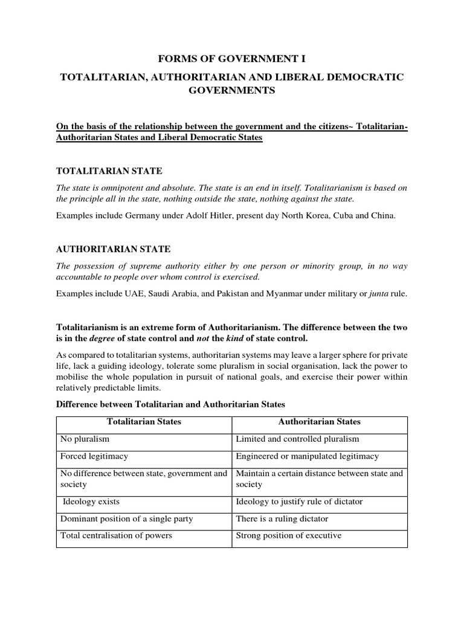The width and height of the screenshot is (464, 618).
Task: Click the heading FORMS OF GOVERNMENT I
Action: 232,59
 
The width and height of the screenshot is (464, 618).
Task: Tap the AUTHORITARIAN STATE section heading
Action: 113,249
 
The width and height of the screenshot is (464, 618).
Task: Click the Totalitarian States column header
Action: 144,422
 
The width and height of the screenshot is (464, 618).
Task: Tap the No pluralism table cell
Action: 85,439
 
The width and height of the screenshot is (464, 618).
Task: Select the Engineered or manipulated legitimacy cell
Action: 307,456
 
